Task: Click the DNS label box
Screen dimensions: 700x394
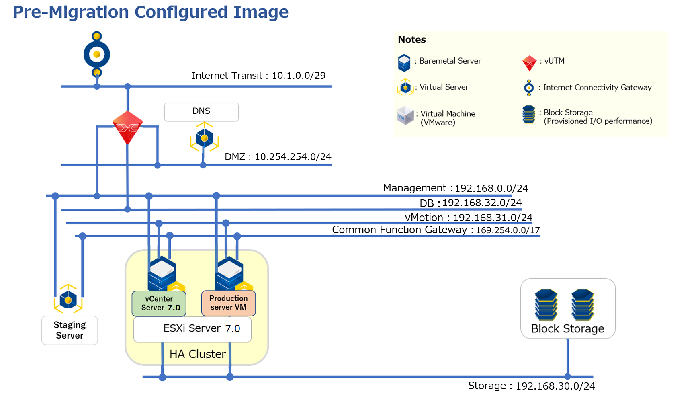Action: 201,112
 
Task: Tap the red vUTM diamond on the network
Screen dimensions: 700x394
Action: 127,127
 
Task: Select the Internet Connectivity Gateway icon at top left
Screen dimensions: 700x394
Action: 97,54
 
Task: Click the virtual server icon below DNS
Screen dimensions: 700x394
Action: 205,137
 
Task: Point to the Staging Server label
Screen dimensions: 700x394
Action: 70,330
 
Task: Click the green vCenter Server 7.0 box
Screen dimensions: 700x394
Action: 159,304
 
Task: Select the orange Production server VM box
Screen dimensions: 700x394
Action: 229,303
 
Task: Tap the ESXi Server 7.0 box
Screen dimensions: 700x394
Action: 192,329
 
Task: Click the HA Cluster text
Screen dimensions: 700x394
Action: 198,354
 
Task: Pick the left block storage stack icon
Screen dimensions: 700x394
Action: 546,305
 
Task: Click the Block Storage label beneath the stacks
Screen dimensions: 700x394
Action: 568,329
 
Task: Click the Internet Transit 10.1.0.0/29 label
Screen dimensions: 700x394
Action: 259,76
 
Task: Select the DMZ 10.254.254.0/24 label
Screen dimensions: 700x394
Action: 278,157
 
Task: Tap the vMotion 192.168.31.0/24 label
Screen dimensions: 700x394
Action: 469,218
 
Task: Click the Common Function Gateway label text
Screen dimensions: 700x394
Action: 399,230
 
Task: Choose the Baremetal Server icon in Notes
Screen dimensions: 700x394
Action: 404,63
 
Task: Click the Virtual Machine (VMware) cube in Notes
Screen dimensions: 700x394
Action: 405,116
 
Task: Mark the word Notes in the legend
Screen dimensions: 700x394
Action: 412,40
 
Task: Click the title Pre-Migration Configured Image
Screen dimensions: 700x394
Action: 151,12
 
